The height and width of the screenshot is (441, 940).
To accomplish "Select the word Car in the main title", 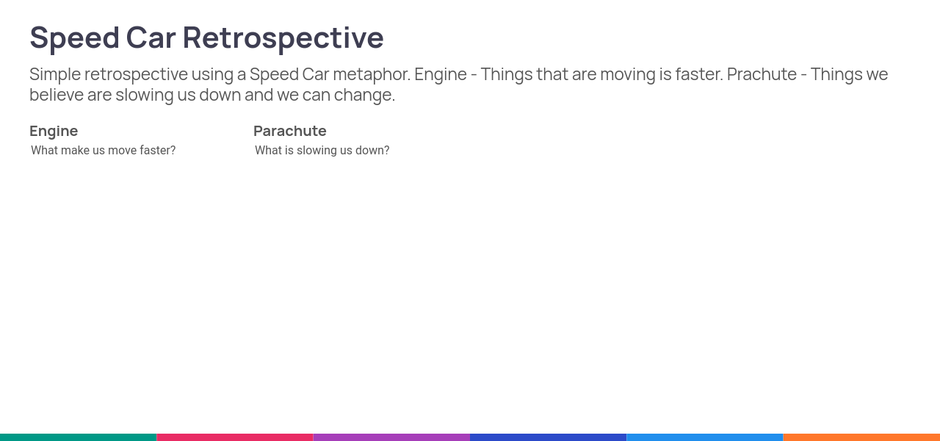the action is (x=151, y=37).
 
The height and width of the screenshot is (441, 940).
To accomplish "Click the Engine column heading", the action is (x=54, y=132).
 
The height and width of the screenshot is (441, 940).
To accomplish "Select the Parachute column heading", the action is (x=290, y=131).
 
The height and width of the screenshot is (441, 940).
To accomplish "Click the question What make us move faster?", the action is (x=104, y=151).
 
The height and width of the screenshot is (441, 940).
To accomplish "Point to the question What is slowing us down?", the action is (x=322, y=151).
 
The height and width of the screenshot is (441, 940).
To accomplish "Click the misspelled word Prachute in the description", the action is (x=762, y=74).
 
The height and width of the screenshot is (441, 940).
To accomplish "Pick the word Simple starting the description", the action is (x=55, y=75).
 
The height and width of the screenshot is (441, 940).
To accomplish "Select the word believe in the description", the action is (x=57, y=95).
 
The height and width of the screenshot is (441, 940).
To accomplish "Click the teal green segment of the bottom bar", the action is (x=78, y=437).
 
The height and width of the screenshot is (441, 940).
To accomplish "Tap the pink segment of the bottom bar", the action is (x=235, y=437).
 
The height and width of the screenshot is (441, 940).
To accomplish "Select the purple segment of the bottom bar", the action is (x=391, y=437).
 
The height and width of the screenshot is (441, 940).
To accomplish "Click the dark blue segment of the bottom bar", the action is (x=548, y=437).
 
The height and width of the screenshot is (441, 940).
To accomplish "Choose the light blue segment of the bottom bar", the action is (x=705, y=437).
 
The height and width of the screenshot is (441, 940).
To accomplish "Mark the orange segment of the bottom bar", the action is (x=861, y=437).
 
